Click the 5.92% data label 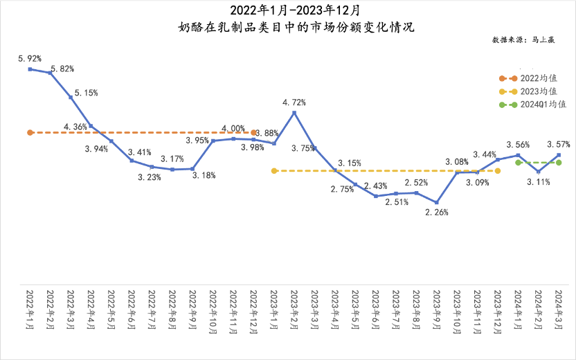coord(29,59)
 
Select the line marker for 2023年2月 coord(295,112)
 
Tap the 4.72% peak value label coord(294,102)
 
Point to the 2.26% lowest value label coord(437,213)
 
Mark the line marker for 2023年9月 coord(437,202)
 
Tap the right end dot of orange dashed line coord(254,132)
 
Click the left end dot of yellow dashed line coord(274,170)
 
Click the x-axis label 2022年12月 coord(254,312)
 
